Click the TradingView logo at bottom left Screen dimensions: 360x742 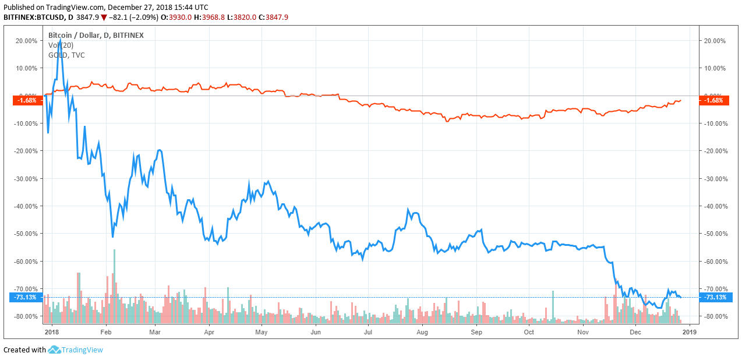pos(76,350)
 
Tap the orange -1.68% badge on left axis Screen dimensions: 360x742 pos(27,100)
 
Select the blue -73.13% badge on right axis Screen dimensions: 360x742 pos(715,297)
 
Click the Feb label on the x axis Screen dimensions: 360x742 pos(105,332)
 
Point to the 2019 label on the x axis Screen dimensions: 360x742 pos(689,332)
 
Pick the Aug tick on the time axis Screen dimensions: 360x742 pos(423,332)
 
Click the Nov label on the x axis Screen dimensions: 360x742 pos(584,332)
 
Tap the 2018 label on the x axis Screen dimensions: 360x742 pos(52,332)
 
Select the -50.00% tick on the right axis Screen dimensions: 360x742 pos(715,234)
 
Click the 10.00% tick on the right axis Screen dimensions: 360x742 pos(715,68)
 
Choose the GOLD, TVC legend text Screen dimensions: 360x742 pos(66,55)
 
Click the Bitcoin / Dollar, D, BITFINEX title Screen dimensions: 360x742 pos(96,35)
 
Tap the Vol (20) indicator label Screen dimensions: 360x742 pos(61,45)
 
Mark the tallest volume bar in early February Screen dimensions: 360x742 pos(114,285)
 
